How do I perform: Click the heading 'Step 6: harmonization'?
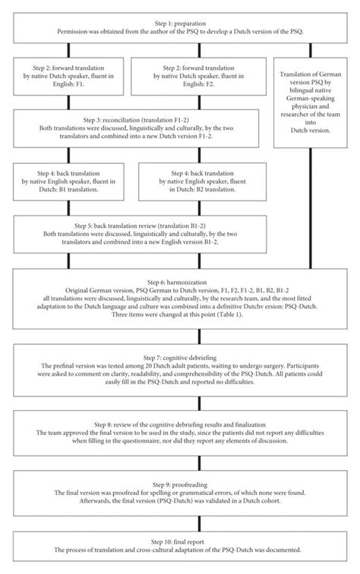click(180, 280)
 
